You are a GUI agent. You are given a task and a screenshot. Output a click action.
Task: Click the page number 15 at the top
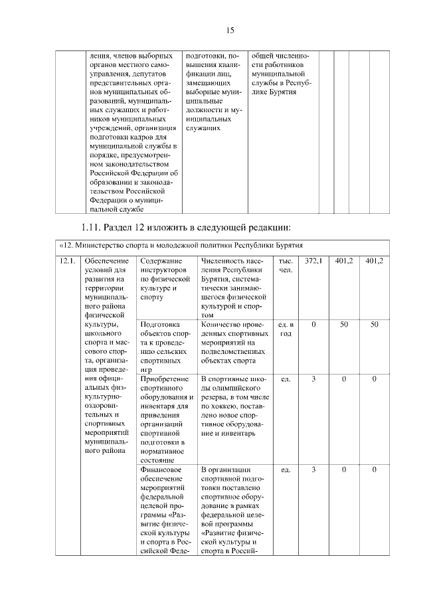point(231,30)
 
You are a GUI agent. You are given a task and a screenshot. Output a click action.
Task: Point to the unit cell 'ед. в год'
point(286,329)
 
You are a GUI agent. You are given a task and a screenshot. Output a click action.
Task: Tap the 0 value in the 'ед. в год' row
point(313,324)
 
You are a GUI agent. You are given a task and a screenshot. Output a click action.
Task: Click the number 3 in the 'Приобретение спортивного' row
point(313,379)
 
